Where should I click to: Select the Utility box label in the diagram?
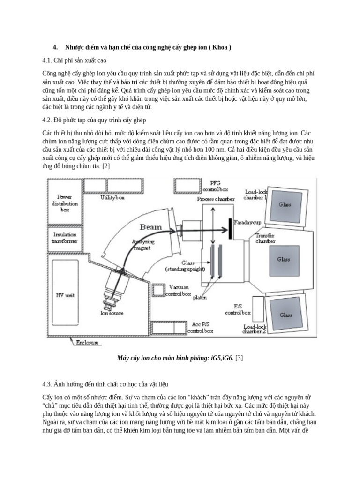(112, 198)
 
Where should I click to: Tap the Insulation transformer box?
(65, 237)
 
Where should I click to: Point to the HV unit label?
(66, 295)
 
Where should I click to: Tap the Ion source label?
(112, 313)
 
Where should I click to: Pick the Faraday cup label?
(247, 222)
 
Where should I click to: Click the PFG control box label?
(215, 187)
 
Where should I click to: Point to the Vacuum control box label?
(180, 290)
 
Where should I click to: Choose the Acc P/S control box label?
(200, 327)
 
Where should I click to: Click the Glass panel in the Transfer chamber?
(284, 259)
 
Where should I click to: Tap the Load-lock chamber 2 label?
(255, 329)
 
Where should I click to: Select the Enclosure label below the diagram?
(87, 343)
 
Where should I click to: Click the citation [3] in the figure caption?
(239, 359)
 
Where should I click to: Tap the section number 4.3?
(47, 384)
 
